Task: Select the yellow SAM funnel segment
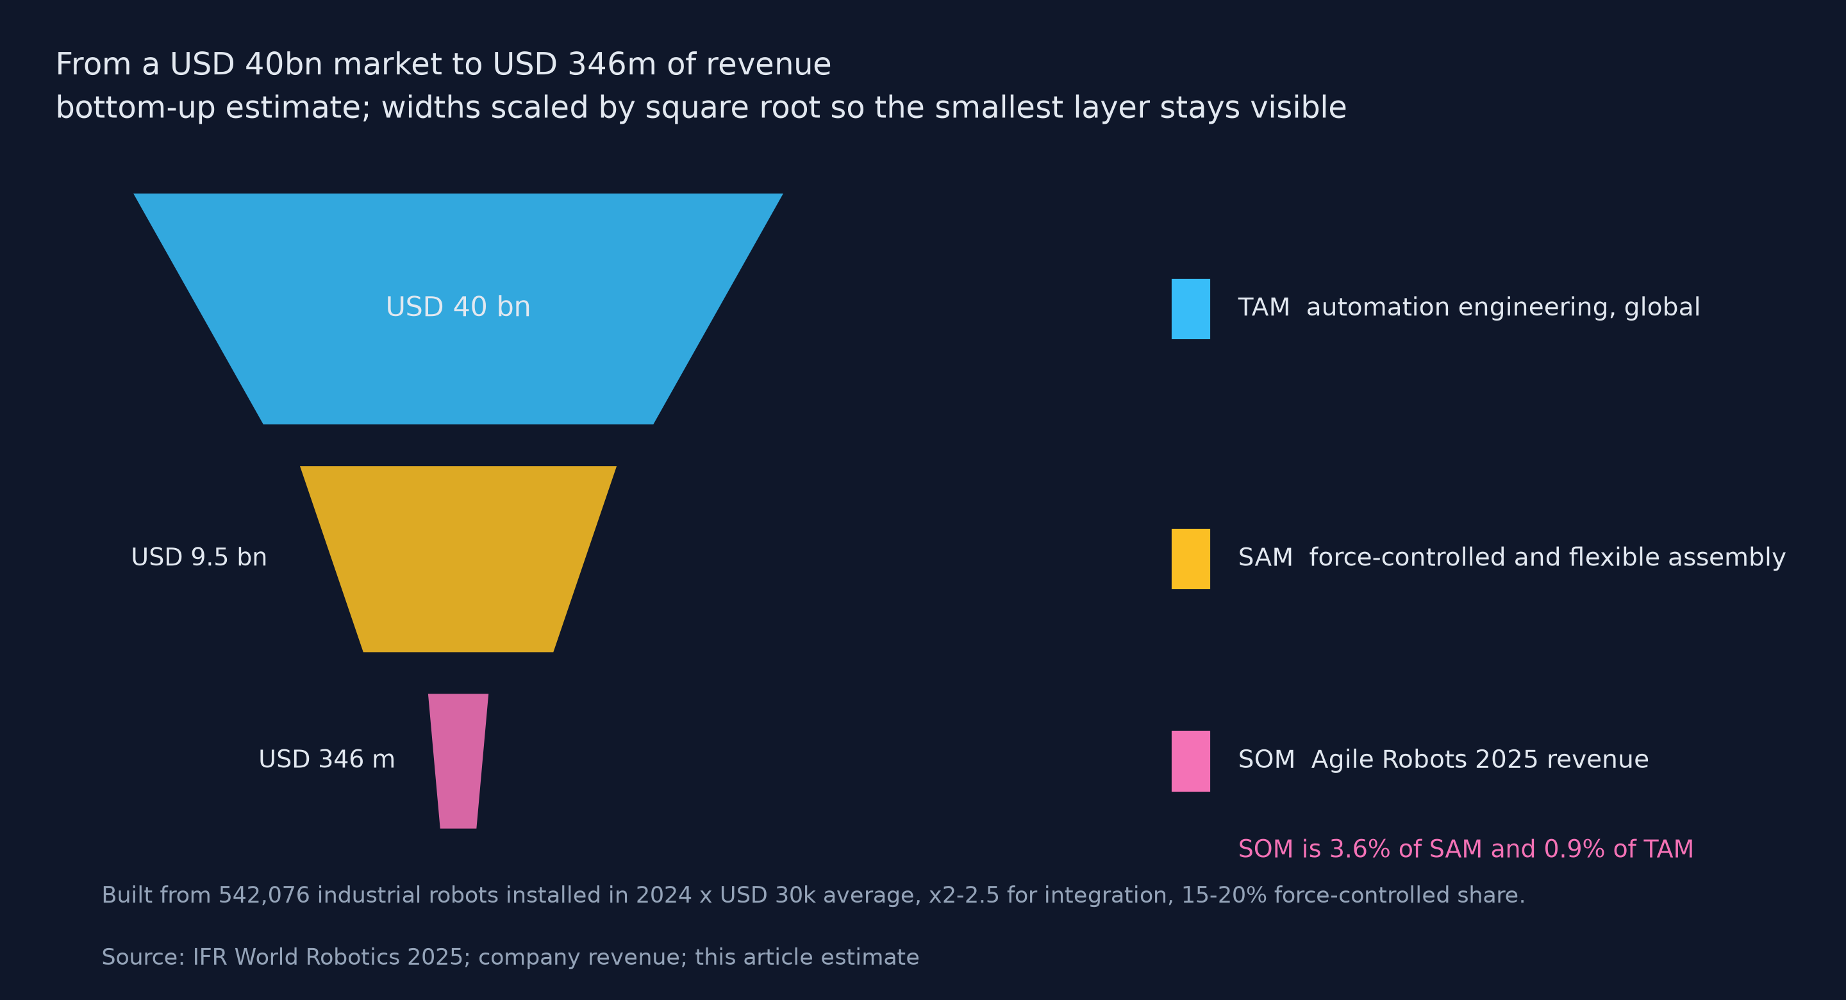(458, 558)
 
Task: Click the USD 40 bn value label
(458, 307)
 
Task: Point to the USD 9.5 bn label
(199, 557)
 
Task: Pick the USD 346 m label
(327, 759)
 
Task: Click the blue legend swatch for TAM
(1190, 308)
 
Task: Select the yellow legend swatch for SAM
(1190, 559)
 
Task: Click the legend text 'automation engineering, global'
(1502, 307)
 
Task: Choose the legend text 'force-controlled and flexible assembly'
(1547, 557)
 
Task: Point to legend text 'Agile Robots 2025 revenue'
(1480, 759)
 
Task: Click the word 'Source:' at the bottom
(144, 957)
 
